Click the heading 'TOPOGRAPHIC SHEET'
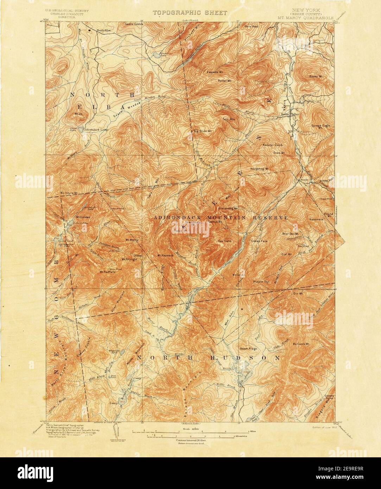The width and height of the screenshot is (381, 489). (x=190, y=13)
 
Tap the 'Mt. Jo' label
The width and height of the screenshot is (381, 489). (x=78, y=114)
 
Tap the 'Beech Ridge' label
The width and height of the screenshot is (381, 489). (x=248, y=348)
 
